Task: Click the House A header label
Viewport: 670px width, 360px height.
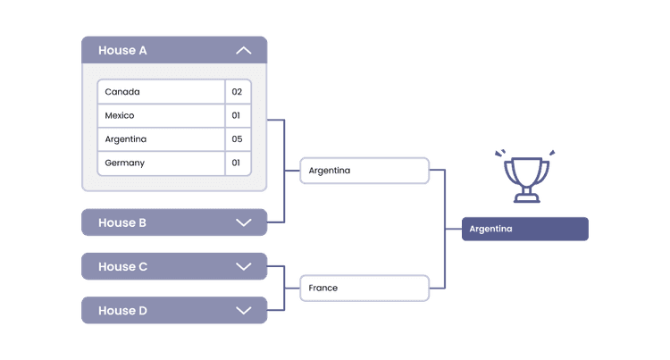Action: click(122, 51)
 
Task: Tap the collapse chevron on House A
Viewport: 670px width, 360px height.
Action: click(243, 51)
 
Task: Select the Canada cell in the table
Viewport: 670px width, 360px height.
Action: click(161, 92)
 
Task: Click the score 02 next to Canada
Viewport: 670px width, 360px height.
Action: click(238, 92)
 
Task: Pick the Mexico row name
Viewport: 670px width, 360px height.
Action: click(161, 115)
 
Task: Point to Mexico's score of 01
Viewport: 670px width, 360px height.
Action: click(238, 115)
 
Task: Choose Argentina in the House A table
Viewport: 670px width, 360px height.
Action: click(161, 139)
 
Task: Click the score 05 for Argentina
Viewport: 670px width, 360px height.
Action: click(238, 139)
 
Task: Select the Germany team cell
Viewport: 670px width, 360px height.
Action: click(161, 163)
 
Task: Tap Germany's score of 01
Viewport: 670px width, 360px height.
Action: click(238, 163)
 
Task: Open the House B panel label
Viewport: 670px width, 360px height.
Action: click(122, 222)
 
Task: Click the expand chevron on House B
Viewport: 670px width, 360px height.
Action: click(243, 222)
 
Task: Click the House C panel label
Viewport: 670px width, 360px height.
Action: click(122, 266)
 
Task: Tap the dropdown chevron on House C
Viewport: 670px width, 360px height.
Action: click(243, 266)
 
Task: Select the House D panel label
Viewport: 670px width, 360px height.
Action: click(122, 310)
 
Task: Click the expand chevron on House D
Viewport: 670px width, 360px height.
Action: click(243, 310)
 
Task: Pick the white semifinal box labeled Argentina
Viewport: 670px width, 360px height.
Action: click(364, 171)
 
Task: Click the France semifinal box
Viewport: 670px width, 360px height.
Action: click(364, 289)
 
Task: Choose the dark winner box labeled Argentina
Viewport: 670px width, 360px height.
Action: click(525, 229)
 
